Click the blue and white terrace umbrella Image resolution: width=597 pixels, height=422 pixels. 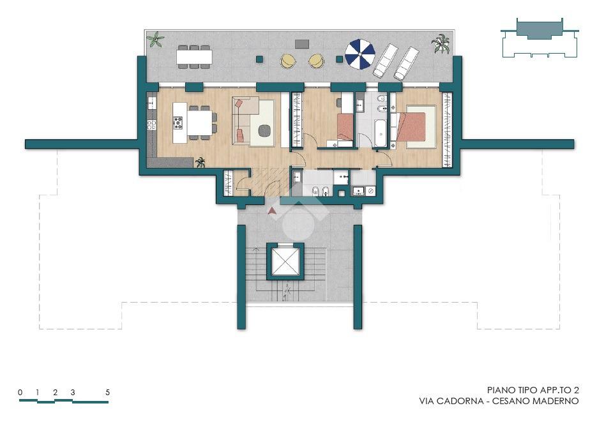pyautogui.click(x=360, y=54)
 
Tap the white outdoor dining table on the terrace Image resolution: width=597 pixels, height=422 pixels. pyautogui.click(x=194, y=57)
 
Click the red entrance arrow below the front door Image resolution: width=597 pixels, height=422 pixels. pyautogui.click(x=271, y=211)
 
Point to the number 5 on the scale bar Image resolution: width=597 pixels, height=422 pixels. pyautogui.click(x=107, y=392)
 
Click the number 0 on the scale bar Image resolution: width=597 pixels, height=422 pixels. pyautogui.click(x=20, y=392)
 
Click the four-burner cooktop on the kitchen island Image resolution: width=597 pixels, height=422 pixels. pyautogui.click(x=178, y=123)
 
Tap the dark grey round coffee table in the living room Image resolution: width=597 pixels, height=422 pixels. pyautogui.click(x=264, y=131)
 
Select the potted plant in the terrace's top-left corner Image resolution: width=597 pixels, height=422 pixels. pyautogui.click(x=155, y=40)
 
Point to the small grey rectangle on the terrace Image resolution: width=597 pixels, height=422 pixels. pyautogui.click(x=301, y=44)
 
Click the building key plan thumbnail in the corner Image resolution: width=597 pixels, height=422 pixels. pyautogui.click(x=540, y=38)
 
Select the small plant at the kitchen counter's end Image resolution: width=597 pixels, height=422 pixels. pyautogui.click(x=200, y=163)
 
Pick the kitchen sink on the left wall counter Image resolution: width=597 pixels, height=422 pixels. pyautogui.click(x=151, y=103)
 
